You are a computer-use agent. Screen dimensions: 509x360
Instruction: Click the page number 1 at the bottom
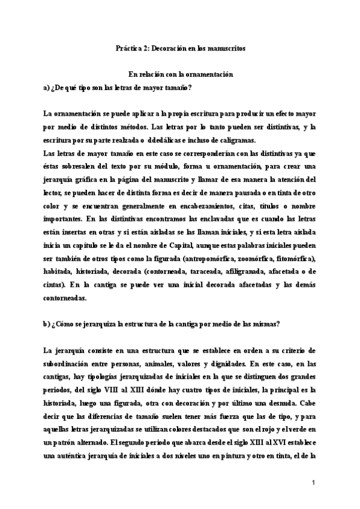[x=313, y=483]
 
